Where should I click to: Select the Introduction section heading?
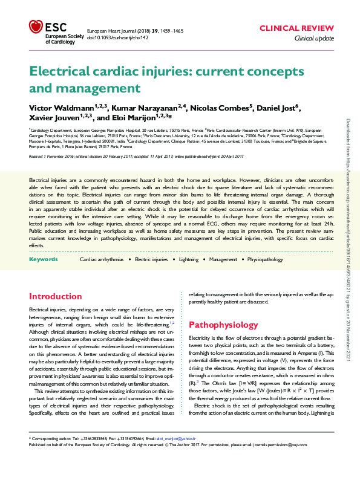[x=56, y=297]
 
